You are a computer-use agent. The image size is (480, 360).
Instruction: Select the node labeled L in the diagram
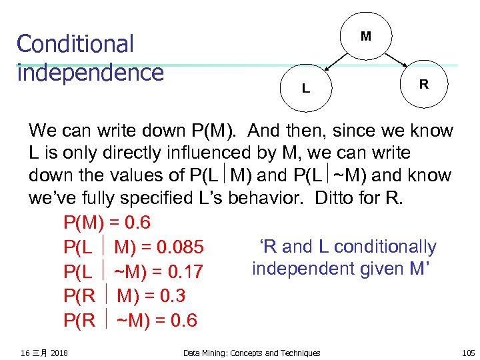[x=305, y=88]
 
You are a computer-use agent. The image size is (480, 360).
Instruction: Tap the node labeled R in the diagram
[x=423, y=85]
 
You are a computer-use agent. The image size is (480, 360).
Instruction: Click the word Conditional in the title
[x=75, y=44]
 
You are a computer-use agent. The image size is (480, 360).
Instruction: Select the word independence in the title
[x=90, y=72]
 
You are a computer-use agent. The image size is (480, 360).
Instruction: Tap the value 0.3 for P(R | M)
[x=173, y=296]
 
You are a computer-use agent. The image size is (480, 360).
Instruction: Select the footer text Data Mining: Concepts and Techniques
[x=251, y=353]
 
